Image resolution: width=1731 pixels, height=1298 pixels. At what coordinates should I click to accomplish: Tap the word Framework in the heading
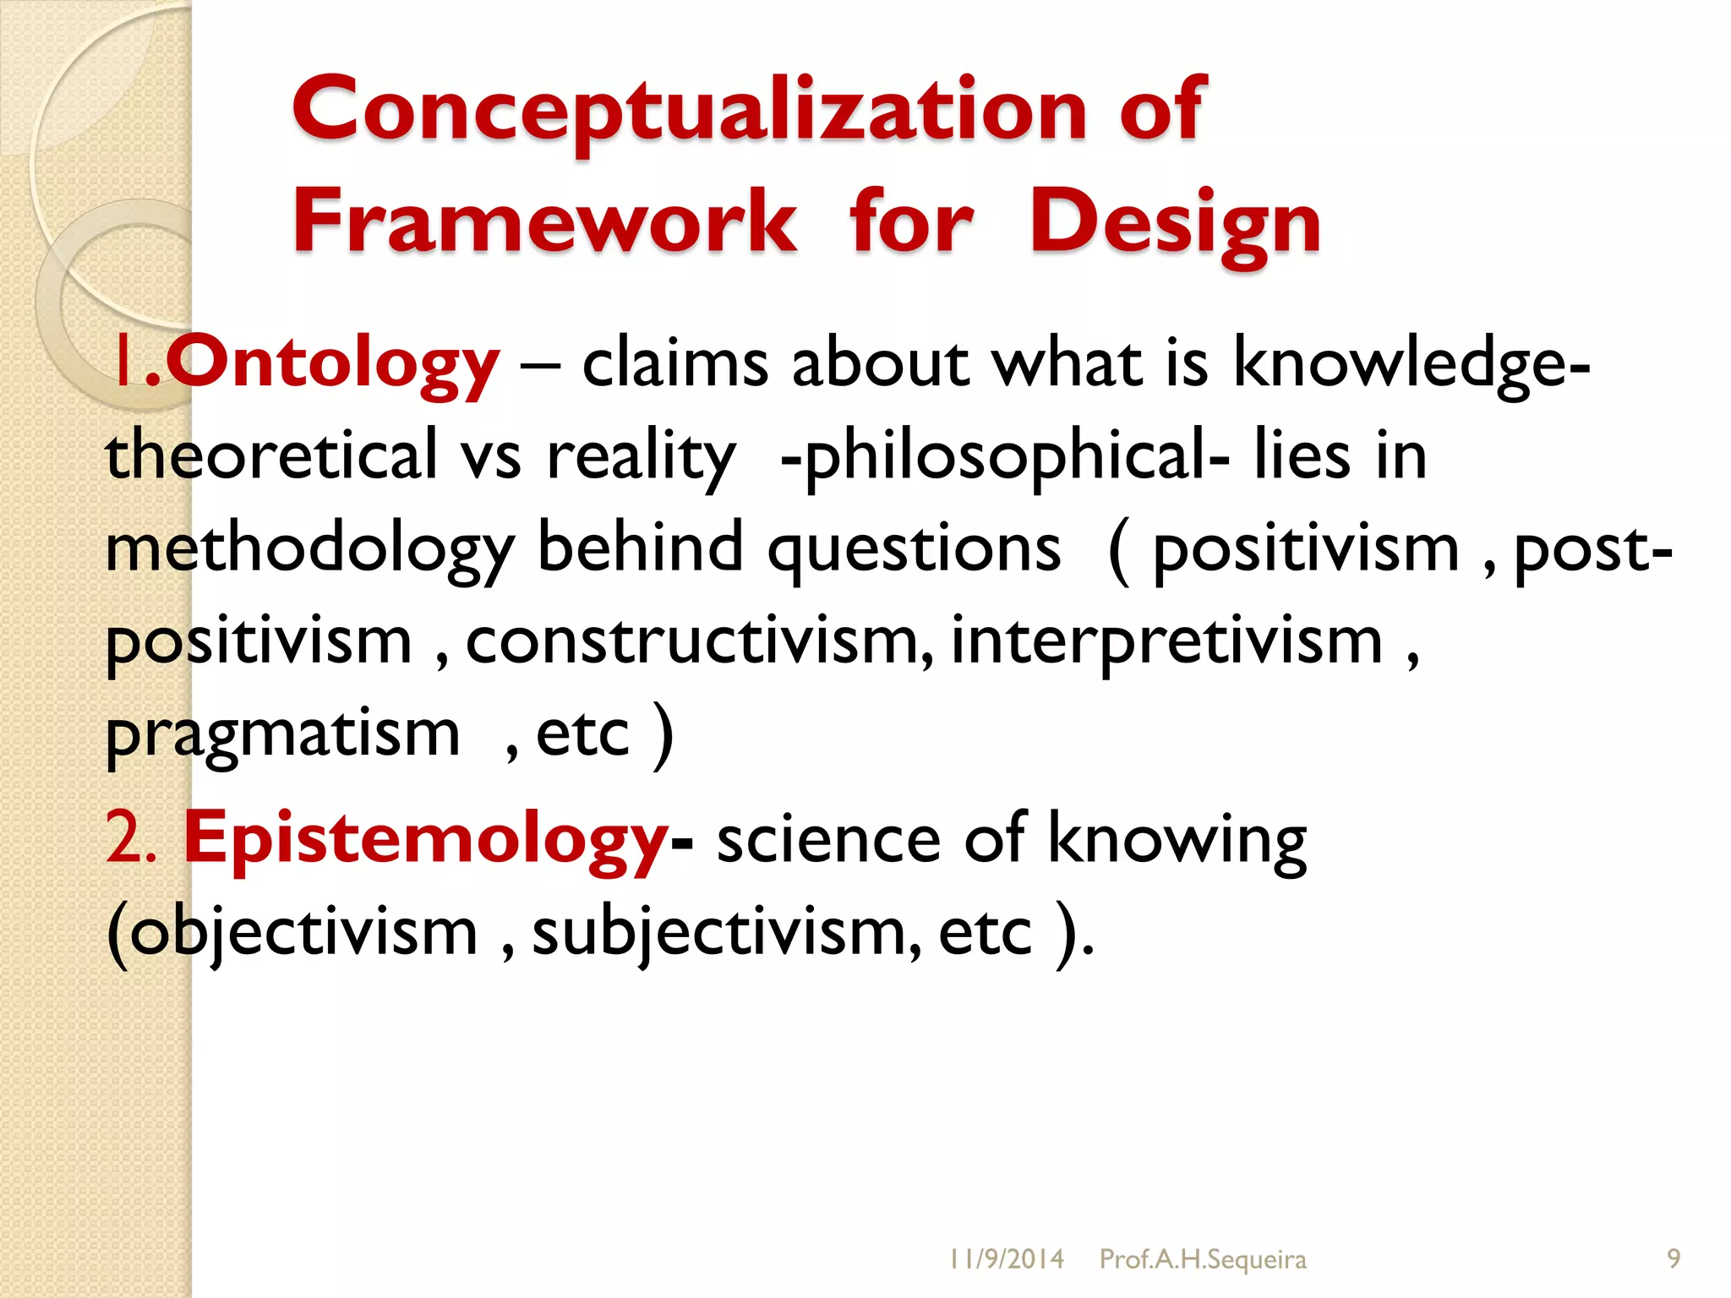[544, 221]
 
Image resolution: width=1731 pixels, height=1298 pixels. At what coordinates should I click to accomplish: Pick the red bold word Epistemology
[426, 838]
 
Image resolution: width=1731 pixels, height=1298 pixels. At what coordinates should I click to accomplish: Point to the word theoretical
[270, 455]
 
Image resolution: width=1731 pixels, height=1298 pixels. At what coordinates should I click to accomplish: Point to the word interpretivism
[1166, 641]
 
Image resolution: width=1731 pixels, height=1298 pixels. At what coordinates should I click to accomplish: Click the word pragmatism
[282, 734]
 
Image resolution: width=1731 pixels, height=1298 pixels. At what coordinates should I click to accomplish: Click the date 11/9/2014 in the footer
[1006, 1259]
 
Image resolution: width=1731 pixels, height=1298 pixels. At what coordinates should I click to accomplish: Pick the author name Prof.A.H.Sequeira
[1203, 1259]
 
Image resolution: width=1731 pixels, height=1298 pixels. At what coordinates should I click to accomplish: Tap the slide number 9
[1674, 1259]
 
